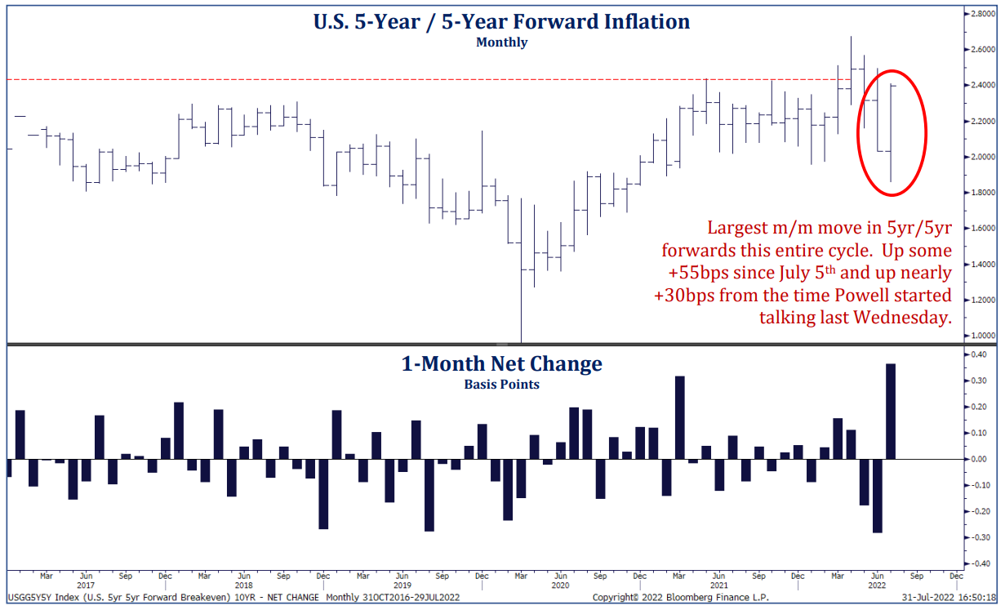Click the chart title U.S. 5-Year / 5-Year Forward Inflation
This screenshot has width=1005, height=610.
501,21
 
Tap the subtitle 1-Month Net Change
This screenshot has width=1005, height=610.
501,364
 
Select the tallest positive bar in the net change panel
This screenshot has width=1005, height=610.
891,411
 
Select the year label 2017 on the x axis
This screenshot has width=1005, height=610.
86,586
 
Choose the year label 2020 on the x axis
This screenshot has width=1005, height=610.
560,586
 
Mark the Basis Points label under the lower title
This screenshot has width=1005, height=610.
501,384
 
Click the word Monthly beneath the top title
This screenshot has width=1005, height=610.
501,42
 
